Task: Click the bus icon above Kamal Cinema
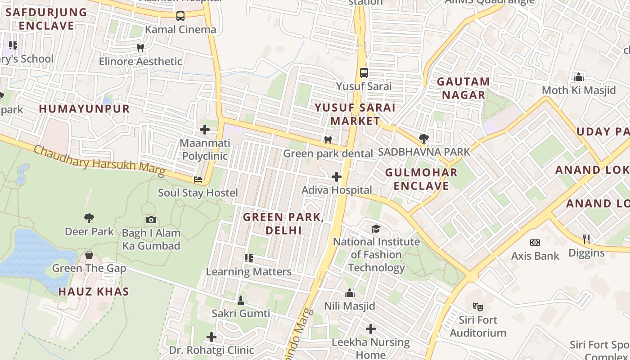[180, 16]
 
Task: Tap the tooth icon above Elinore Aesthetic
[140, 48]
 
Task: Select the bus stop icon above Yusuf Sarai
[364, 72]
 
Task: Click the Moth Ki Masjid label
[579, 90]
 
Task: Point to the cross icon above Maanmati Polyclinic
[205, 130]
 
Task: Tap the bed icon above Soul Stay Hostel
[198, 180]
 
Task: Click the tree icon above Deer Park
[89, 218]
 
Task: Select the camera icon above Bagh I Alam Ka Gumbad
[151, 220]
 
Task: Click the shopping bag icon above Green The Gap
[89, 255]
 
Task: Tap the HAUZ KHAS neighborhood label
[94, 292]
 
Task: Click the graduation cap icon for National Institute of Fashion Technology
[376, 229]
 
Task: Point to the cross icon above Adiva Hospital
[336, 177]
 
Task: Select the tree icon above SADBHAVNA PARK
[423, 138]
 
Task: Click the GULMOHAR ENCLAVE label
[421, 179]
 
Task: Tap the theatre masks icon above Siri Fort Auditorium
[478, 307]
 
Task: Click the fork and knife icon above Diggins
[586, 239]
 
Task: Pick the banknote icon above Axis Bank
[535, 243]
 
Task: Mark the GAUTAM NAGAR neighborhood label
[463, 88]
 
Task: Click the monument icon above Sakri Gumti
[241, 300]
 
